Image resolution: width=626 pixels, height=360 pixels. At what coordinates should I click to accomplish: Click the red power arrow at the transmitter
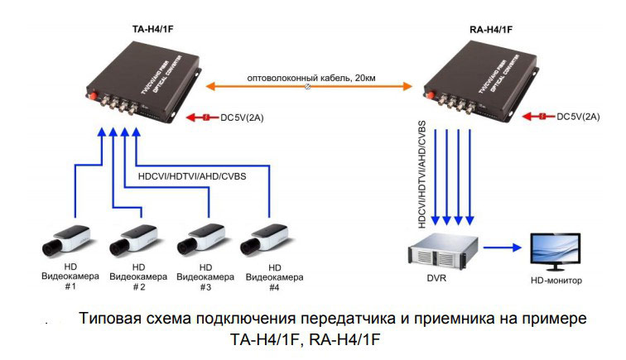pos(199,118)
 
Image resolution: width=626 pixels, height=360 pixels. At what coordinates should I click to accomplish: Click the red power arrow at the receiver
pos(539,118)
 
